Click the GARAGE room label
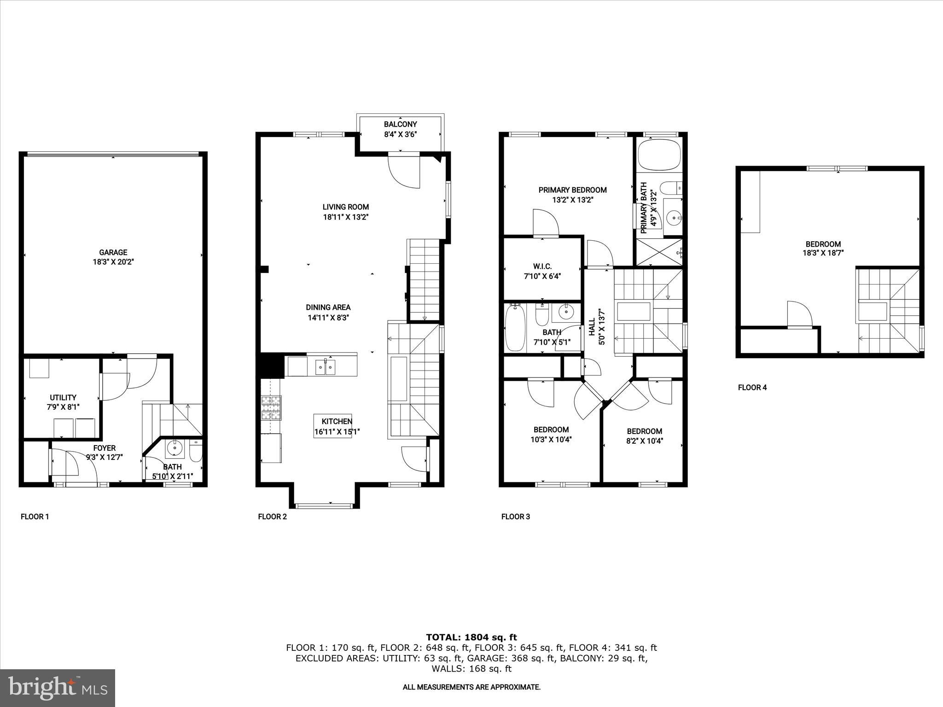tap(113, 252)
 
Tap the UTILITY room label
tap(63, 398)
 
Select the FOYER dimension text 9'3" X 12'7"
tap(105, 457)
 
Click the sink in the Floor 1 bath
tap(175, 447)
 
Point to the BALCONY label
tap(400, 124)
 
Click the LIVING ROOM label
tap(345, 207)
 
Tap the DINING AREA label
tap(328, 307)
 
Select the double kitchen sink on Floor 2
tap(326, 367)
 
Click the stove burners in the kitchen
tap(271, 408)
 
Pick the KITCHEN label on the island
tap(337, 421)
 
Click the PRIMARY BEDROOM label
tap(572, 190)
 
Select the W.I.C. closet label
tap(542, 267)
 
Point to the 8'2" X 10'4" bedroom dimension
tap(644, 440)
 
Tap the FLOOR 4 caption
tap(752, 388)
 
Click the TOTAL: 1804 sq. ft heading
tap(471, 637)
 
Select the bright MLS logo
tap(58, 688)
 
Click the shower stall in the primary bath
tap(658, 252)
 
